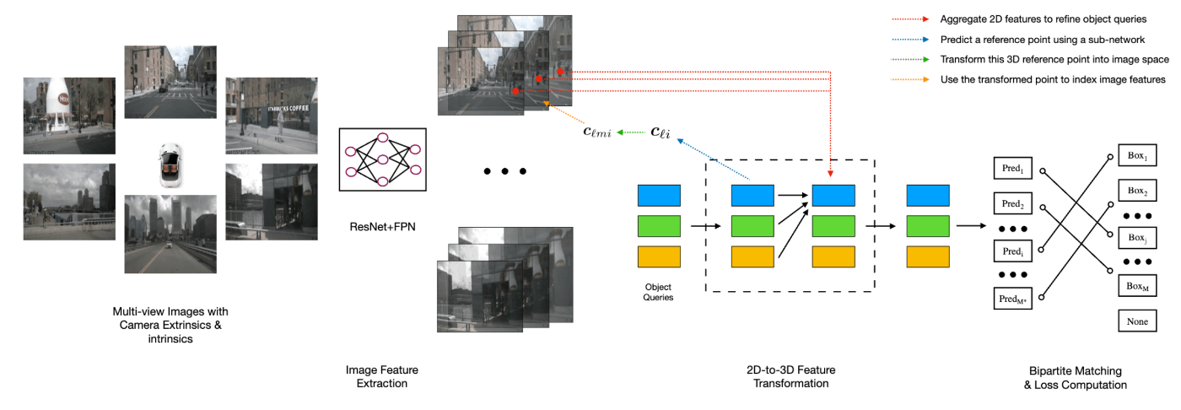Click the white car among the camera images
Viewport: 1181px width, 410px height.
(x=170, y=165)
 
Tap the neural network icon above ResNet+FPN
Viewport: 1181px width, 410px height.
(x=383, y=159)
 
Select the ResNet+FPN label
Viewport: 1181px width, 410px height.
(x=382, y=227)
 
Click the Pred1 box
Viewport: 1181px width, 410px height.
(x=1013, y=168)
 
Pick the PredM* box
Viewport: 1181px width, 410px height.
(x=1013, y=299)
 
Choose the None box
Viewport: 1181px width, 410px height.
(x=1137, y=321)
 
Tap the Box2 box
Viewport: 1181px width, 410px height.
(x=1137, y=191)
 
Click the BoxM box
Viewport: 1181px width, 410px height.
(x=1137, y=286)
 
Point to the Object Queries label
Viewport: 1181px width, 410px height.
(x=658, y=292)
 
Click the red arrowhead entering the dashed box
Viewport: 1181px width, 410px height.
(x=830, y=174)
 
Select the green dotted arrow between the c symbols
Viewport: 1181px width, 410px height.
(x=631, y=132)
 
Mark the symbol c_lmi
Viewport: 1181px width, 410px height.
(x=597, y=132)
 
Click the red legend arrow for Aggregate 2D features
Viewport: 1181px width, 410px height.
(x=910, y=19)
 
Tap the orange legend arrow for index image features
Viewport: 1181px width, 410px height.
(x=910, y=79)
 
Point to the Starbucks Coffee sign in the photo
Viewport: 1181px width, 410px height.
(x=288, y=109)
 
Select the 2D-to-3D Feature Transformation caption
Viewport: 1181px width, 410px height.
(x=791, y=377)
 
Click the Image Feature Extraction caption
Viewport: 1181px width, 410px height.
(x=381, y=377)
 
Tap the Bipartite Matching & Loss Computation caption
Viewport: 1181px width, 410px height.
(x=1076, y=378)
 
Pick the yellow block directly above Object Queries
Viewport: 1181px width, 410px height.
(x=659, y=256)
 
